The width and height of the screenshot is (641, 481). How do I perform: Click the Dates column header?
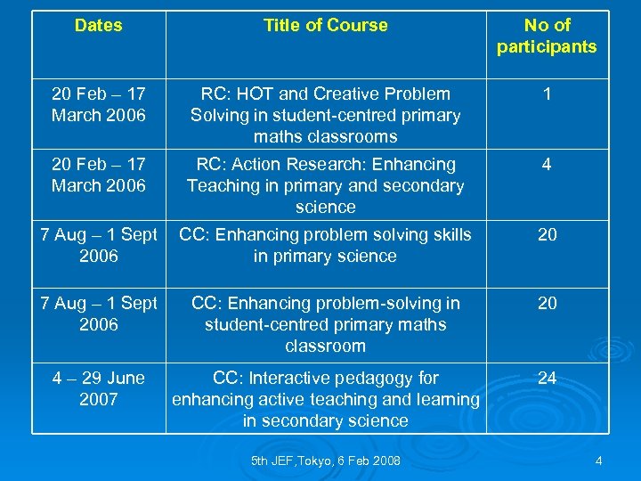99,26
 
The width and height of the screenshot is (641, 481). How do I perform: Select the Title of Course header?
325,26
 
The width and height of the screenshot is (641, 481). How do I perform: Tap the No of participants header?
547,37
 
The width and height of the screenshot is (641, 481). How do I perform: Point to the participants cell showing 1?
547,94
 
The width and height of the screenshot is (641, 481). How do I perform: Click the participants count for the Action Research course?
547,165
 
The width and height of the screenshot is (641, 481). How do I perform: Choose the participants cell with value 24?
547,379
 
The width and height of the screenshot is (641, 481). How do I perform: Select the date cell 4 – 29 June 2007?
99,388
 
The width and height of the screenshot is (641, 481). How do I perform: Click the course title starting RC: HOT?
325,115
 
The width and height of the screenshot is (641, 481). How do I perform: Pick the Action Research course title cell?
325,185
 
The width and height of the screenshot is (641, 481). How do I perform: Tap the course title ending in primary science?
325,245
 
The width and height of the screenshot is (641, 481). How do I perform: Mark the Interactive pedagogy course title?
325,399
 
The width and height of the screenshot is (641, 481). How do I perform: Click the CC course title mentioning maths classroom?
325,324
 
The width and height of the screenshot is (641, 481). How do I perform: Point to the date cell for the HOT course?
99,104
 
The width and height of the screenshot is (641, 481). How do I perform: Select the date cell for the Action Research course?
99,175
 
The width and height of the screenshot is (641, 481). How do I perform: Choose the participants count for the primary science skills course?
547,234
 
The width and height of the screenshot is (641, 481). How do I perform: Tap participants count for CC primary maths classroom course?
547,304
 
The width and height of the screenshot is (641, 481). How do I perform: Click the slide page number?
599,461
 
